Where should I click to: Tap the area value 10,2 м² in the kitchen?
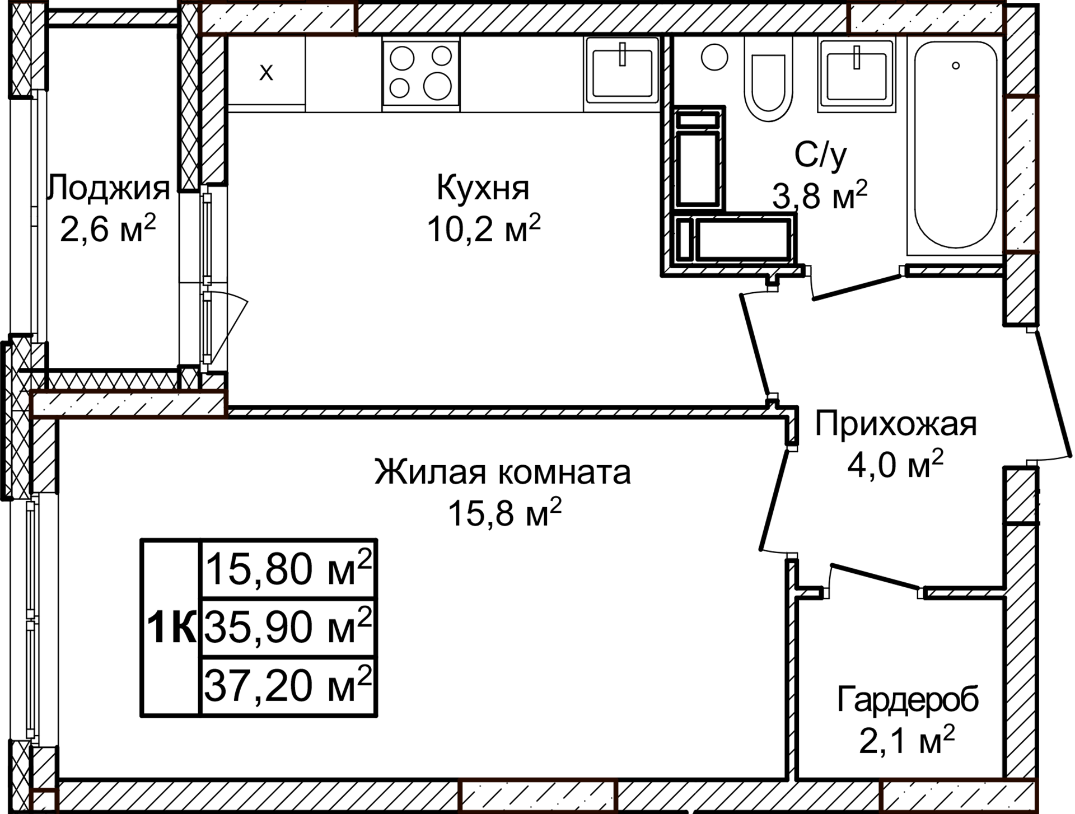483,228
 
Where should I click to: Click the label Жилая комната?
502,472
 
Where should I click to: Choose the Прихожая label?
895,424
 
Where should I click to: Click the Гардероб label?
908,700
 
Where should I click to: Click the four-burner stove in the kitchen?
420,73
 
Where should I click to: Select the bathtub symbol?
955,144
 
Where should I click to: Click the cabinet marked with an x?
267,72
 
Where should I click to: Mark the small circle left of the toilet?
714,57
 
